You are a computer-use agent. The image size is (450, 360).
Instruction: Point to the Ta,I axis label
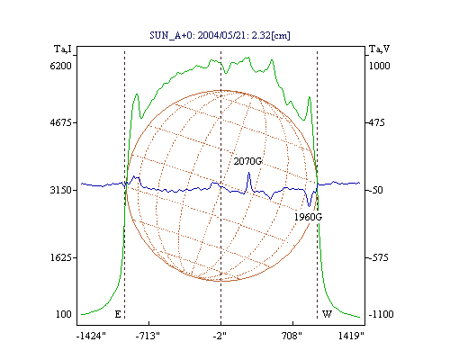click(x=63, y=49)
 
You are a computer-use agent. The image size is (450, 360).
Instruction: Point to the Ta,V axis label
click(x=379, y=49)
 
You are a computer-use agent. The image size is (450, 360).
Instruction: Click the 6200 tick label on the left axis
click(x=61, y=66)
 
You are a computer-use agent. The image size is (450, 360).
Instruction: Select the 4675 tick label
click(x=61, y=122)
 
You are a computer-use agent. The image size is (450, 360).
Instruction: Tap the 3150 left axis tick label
click(x=61, y=190)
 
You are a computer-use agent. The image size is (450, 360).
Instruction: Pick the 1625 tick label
click(x=61, y=257)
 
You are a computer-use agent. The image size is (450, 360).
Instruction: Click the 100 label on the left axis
click(x=64, y=314)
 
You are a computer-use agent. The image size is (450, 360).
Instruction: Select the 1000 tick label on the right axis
click(x=379, y=66)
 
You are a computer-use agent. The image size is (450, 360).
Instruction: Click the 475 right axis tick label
click(x=376, y=122)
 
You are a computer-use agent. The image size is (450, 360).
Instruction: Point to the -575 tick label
click(x=379, y=257)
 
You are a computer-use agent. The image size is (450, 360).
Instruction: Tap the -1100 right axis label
click(x=381, y=314)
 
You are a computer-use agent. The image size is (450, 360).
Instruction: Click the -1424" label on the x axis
click(x=91, y=336)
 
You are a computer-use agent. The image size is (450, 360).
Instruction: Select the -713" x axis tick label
click(x=148, y=336)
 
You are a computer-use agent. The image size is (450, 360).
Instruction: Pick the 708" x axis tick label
click(x=292, y=336)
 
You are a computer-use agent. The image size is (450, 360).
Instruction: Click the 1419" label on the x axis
click(x=351, y=336)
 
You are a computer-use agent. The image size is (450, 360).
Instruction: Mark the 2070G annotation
click(x=247, y=161)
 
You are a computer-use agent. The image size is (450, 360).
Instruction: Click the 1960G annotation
click(x=308, y=217)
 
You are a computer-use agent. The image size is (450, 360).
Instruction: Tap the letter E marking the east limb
click(x=118, y=314)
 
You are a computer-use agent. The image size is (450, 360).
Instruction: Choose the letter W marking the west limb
click(x=327, y=314)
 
